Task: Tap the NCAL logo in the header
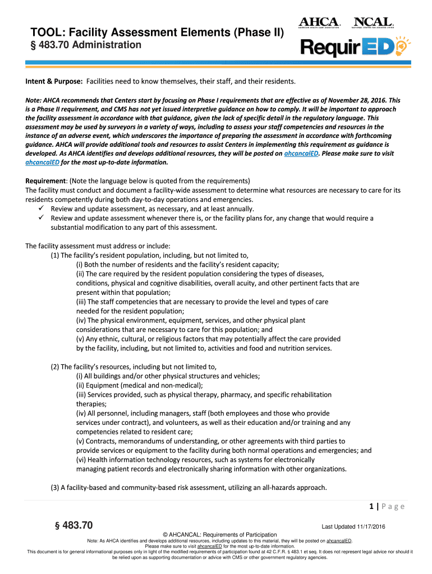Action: [373, 22]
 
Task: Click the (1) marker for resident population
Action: [55, 255]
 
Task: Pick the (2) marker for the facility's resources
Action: [55, 367]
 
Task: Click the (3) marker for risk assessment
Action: [55, 488]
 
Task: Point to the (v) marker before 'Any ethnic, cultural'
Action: [81, 339]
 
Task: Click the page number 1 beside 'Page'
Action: [372, 507]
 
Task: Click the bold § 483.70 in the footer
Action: [72, 525]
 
